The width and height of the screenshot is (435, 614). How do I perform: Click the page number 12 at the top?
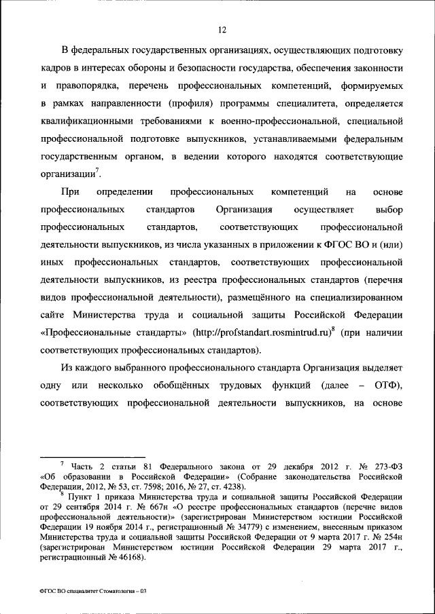(x=221, y=28)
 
